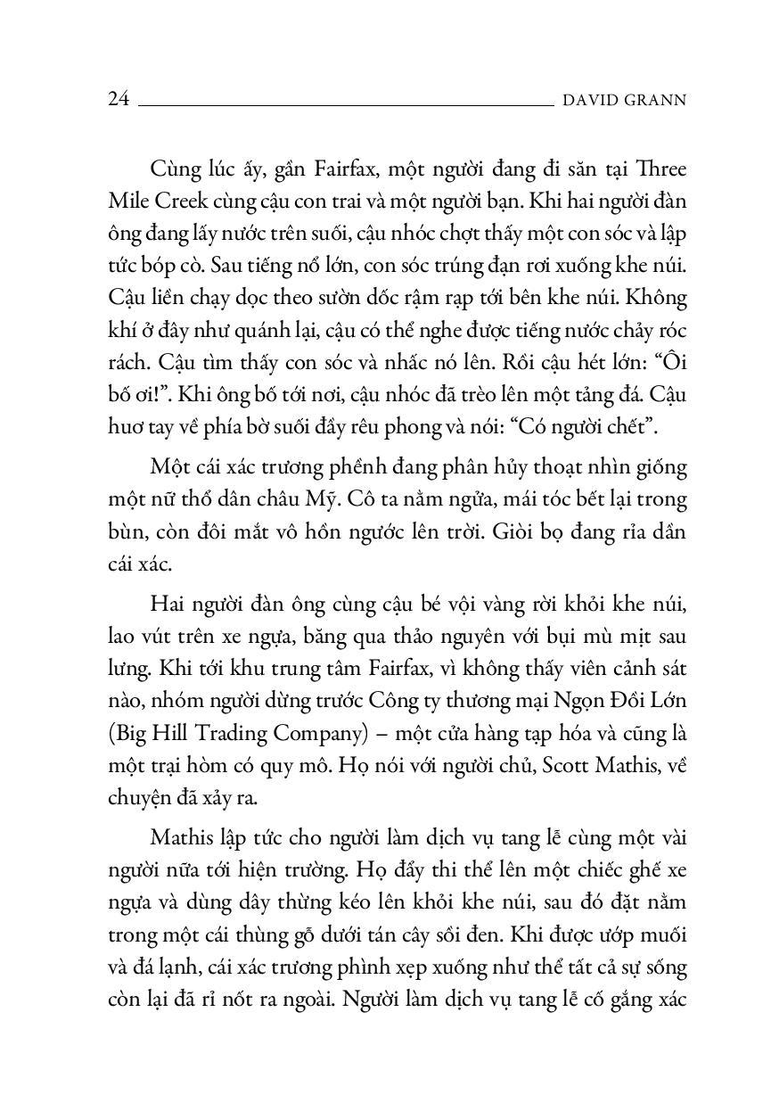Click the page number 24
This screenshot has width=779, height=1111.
(119, 100)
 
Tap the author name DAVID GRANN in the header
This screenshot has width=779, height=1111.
(625, 101)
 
